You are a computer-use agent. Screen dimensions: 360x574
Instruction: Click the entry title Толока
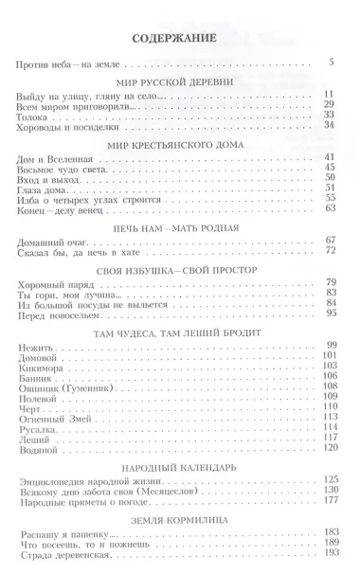coord(36,115)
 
